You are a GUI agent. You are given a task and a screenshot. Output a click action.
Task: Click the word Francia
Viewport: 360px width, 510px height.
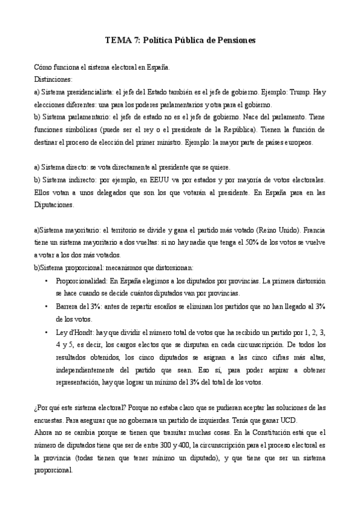tap(314, 230)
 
